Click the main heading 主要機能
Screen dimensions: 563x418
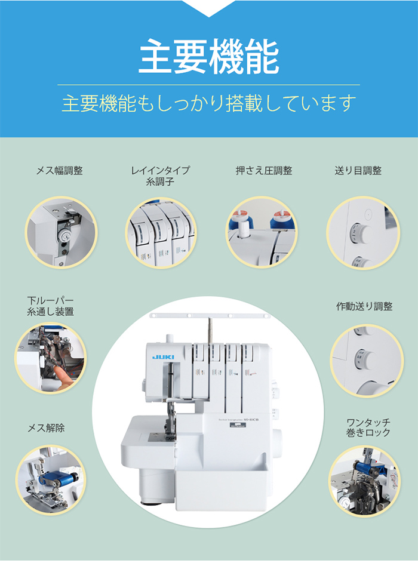(208, 57)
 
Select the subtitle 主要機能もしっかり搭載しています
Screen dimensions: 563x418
(208, 103)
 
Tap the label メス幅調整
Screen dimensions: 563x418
(60, 171)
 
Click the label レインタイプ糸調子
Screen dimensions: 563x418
(160, 176)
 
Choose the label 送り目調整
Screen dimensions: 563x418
(358, 171)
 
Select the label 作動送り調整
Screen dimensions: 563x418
(364, 306)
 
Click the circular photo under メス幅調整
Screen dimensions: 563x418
(61, 232)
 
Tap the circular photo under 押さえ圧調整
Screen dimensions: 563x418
(262, 232)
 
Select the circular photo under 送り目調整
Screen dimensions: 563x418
(362, 232)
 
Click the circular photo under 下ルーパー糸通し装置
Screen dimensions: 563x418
(50, 358)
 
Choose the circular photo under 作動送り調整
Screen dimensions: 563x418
(365, 360)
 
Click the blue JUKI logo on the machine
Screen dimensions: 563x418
(162, 357)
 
